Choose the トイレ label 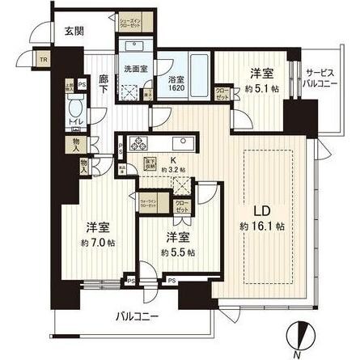pos(73,124)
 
